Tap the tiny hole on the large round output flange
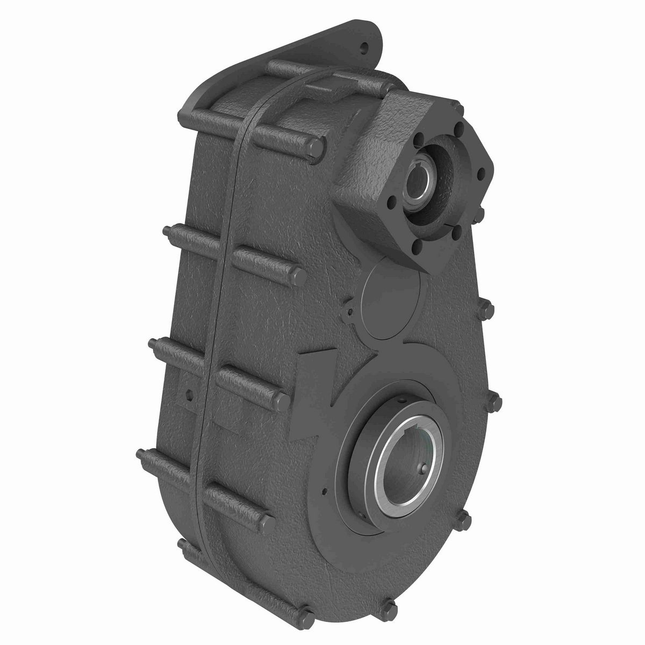tap(325, 490)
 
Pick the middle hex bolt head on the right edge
tap(495, 400)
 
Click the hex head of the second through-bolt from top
tap(300, 276)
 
